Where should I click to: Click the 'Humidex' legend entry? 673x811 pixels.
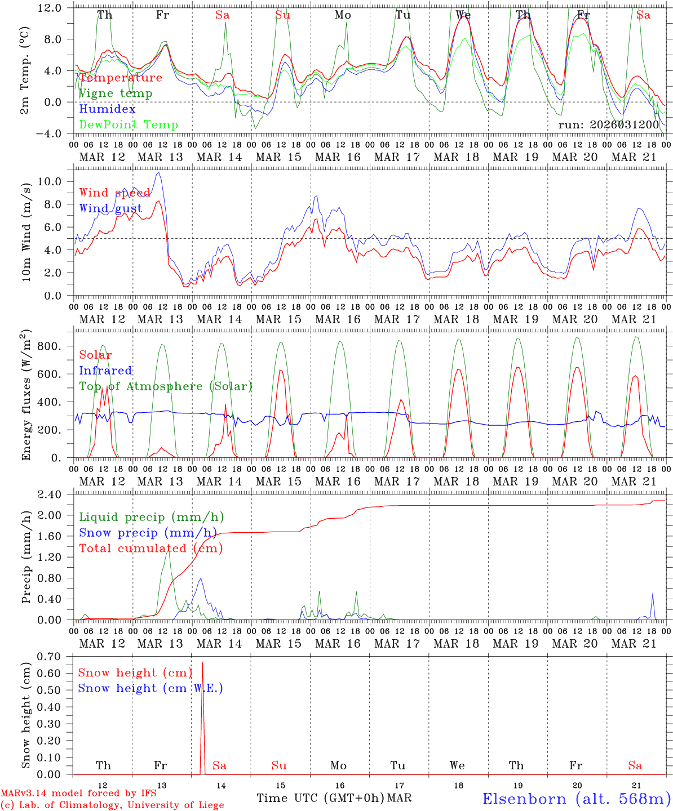pyautogui.click(x=107, y=109)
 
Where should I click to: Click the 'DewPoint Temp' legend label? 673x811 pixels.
pyautogui.click(x=129, y=124)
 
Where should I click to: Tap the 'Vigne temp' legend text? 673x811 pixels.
pyautogui.click(x=116, y=93)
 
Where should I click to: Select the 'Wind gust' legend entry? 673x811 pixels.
pyautogui.click(x=110, y=208)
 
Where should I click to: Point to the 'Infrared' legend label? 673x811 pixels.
pyautogui.click(x=105, y=371)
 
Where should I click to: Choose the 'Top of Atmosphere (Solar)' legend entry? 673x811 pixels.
pyautogui.click(x=166, y=386)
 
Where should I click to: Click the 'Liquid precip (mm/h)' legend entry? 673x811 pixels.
pyautogui.click(x=151, y=517)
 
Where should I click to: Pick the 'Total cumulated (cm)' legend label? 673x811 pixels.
pyautogui.click(x=150, y=548)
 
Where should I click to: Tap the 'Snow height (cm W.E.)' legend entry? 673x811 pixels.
pyautogui.click(x=150, y=688)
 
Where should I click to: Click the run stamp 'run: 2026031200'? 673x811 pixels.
pyautogui.click(x=608, y=124)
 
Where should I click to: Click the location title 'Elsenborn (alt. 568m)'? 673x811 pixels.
pyautogui.click(x=576, y=799)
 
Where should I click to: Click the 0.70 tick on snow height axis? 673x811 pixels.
pyautogui.click(x=48, y=656)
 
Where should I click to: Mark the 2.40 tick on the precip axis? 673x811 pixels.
pyautogui.click(x=48, y=494)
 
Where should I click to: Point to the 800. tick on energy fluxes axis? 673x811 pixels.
pyautogui.click(x=50, y=346)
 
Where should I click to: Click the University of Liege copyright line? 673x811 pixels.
pyautogui.click(x=112, y=805)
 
